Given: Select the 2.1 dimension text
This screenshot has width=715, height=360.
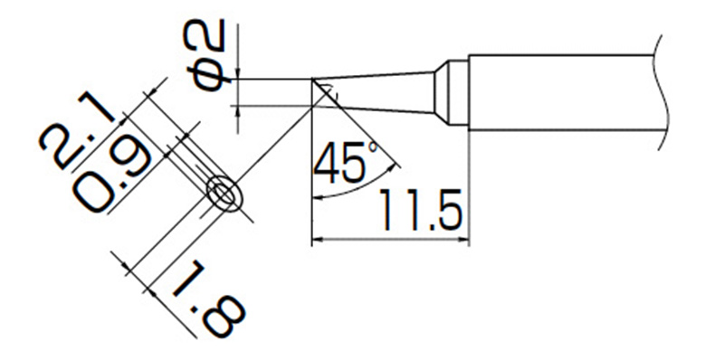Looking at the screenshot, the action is click(x=77, y=130).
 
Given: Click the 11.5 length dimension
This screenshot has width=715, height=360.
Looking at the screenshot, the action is click(x=420, y=210).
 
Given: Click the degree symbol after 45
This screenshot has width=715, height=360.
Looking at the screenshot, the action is click(x=373, y=147).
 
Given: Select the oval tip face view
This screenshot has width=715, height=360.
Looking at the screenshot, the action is click(x=224, y=193).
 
